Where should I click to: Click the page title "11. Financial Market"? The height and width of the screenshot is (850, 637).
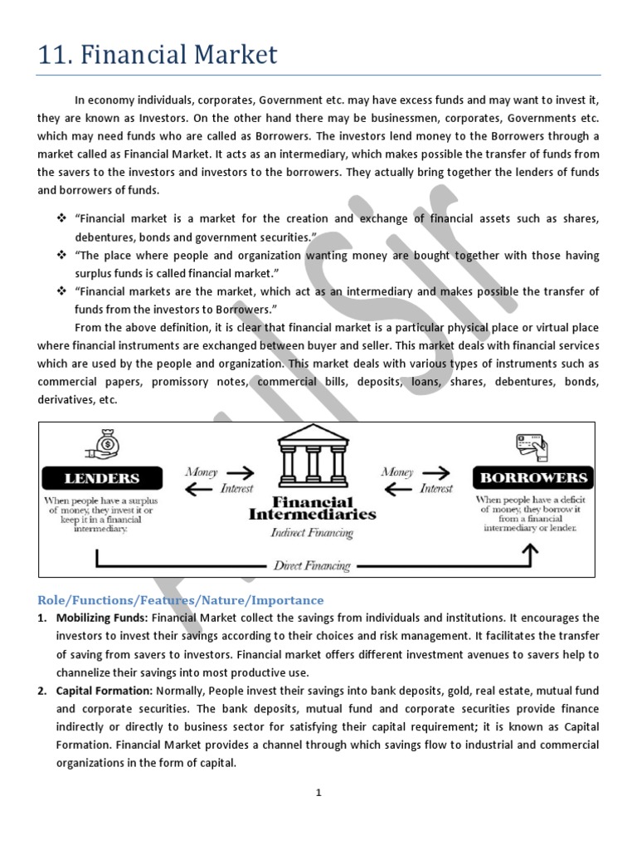[x=158, y=56]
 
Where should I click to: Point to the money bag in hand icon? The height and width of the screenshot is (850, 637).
[x=104, y=444]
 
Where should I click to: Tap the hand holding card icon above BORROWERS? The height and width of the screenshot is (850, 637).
[x=532, y=447]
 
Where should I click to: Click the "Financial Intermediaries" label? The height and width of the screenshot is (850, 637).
[x=312, y=508]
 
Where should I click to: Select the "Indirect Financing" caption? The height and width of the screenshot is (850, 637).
[x=312, y=533]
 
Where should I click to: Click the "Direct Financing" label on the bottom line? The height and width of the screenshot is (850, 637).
[x=312, y=566]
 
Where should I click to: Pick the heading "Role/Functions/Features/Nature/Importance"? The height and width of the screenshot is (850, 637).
[x=180, y=599]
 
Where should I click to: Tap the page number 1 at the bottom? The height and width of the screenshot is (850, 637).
[x=318, y=793]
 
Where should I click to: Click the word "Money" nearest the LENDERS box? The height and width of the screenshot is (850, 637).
[x=202, y=471]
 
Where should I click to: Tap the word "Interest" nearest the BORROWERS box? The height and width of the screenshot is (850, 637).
[x=435, y=489]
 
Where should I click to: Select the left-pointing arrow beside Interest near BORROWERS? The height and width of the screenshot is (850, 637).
[x=397, y=489]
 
